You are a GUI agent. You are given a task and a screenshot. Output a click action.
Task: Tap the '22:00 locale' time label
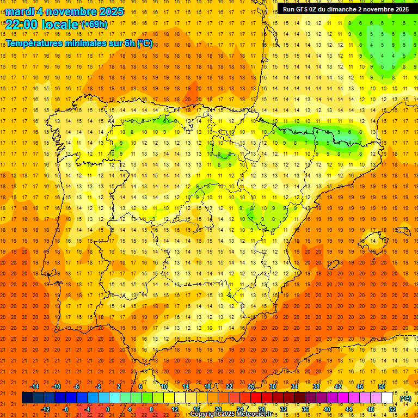42,24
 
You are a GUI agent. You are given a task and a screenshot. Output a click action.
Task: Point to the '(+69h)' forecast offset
94,24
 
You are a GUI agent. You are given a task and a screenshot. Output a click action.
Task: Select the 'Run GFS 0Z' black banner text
305,9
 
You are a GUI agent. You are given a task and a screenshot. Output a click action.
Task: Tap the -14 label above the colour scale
34,386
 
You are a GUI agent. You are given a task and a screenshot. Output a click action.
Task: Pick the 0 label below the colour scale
108,409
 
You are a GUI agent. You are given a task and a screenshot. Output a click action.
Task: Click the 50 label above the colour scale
382,386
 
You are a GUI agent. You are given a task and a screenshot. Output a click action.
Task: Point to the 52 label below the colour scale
392,409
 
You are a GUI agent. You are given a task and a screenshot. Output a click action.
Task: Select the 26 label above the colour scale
251,386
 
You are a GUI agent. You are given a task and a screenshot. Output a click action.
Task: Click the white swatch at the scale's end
387,398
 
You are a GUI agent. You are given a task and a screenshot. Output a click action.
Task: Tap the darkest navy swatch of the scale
27,398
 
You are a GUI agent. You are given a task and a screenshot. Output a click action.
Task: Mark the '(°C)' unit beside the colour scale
405,398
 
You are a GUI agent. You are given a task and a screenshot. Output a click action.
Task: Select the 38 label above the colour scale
316,386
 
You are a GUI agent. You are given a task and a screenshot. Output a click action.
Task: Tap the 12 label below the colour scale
175,409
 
